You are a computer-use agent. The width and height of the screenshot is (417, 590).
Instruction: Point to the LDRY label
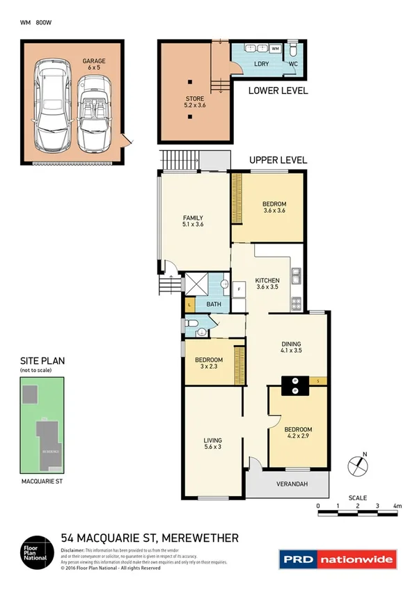262,64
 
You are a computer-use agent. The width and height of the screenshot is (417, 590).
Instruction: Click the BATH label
213,304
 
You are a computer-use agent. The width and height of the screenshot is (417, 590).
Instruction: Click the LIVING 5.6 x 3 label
212,443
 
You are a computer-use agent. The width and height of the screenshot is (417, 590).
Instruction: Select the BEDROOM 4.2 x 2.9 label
298,433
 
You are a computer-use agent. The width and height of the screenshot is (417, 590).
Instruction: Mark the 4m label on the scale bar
397,506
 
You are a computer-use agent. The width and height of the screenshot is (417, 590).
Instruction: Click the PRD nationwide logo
337,559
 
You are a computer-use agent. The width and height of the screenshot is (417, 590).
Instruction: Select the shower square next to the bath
191,284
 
